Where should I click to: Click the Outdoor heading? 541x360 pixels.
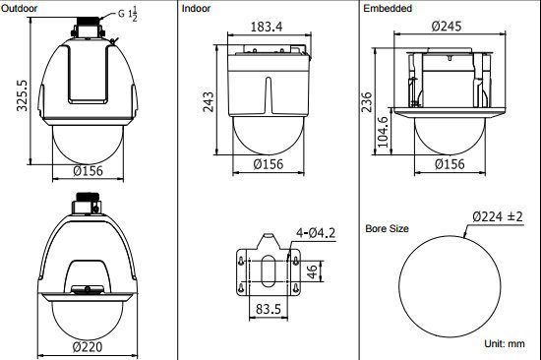(20, 8)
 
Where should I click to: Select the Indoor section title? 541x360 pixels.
(196, 8)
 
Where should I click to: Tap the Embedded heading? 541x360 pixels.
(388, 8)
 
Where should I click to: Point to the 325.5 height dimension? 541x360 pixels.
(22, 95)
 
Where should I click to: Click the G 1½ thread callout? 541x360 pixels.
(128, 14)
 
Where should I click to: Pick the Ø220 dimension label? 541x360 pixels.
(88, 346)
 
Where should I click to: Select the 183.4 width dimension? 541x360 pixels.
(267, 27)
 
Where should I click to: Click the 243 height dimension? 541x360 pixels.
(209, 102)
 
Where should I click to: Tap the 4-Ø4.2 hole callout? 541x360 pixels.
(316, 233)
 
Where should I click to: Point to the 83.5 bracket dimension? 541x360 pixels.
(269, 309)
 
